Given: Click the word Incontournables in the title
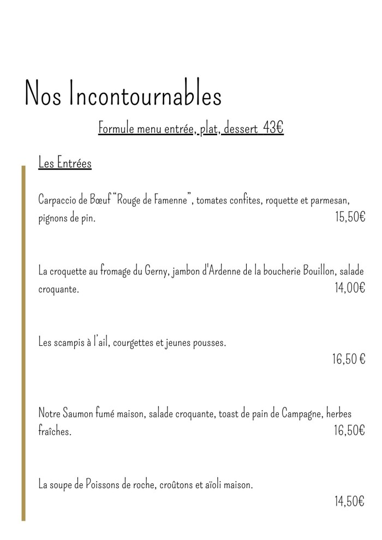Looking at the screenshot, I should point(145,96).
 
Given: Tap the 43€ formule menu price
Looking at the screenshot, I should point(273,129).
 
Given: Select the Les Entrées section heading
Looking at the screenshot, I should point(65,163).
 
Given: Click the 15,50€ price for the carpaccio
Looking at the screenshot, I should point(349,217).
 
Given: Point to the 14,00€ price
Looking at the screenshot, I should point(349,288).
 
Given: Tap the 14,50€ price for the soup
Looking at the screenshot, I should point(349,501).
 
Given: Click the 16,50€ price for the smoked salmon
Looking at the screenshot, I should point(349,430).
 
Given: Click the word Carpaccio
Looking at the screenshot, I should point(58,200).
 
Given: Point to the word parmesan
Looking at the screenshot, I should point(330,200).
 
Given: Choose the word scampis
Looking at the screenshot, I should point(69,343).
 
